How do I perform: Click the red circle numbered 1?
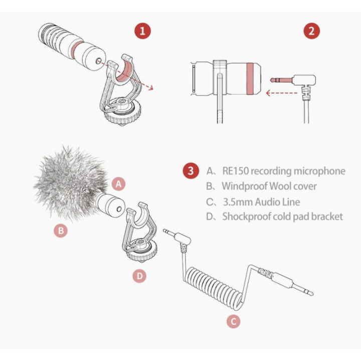[x=142, y=31]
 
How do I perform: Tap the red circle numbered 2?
[x=311, y=31]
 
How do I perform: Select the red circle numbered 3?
[x=191, y=170]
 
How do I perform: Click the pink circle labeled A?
[x=118, y=184]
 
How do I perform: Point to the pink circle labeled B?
[x=61, y=230]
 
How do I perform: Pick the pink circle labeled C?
[x=233, y=321]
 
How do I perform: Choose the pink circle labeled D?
[x=139, y=276]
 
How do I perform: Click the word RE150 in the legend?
[x=236, y=171]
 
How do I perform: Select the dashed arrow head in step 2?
[x=268, y=93]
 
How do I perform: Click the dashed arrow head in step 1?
[x=150, y=88]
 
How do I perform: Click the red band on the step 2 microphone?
[x=250, y=79]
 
